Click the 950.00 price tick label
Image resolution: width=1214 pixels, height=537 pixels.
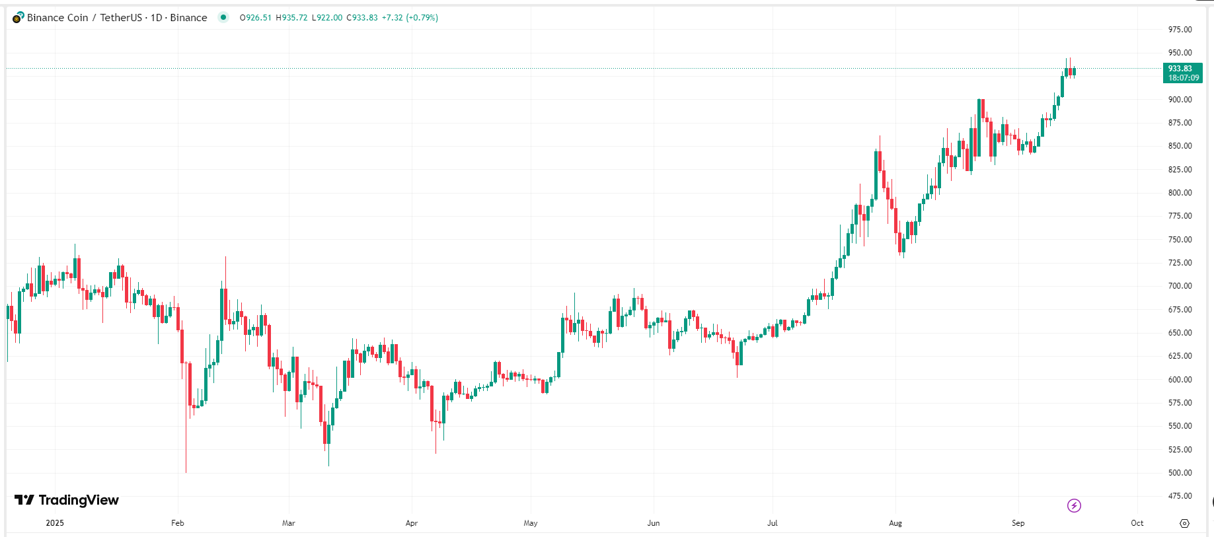pos(1180,53)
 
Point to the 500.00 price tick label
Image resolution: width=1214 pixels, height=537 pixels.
pos(1180,473)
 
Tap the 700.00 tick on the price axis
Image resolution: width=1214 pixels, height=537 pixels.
pos(1180,286)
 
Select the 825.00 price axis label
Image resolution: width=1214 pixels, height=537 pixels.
pos(1180,170)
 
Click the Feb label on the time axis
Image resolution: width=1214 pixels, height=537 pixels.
pos(178,523)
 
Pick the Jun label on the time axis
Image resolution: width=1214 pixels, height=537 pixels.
pos(654,523)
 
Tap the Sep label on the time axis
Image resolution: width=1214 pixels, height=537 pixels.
pos(1018,523)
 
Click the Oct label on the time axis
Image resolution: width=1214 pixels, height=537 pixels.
pos(1137,523)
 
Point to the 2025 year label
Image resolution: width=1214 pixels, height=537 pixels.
pos(55,523)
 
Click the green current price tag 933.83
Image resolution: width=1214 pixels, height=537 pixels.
pos(1182,73)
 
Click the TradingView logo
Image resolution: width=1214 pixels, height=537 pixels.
pos(67,500)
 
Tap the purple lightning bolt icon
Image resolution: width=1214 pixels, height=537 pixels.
pos(1074,506)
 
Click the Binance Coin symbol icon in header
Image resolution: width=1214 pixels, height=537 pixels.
pos(18,18)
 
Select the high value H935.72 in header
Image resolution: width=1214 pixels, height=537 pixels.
pos(291,18)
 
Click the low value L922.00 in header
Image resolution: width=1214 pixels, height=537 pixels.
pos(327,18)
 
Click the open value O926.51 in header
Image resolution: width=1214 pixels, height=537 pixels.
pos(256,18)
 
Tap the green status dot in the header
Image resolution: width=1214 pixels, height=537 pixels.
pos(223,17)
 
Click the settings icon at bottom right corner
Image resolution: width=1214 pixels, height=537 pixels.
pos(1184,523)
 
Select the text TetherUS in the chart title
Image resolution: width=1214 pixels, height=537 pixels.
pos(121,18)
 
